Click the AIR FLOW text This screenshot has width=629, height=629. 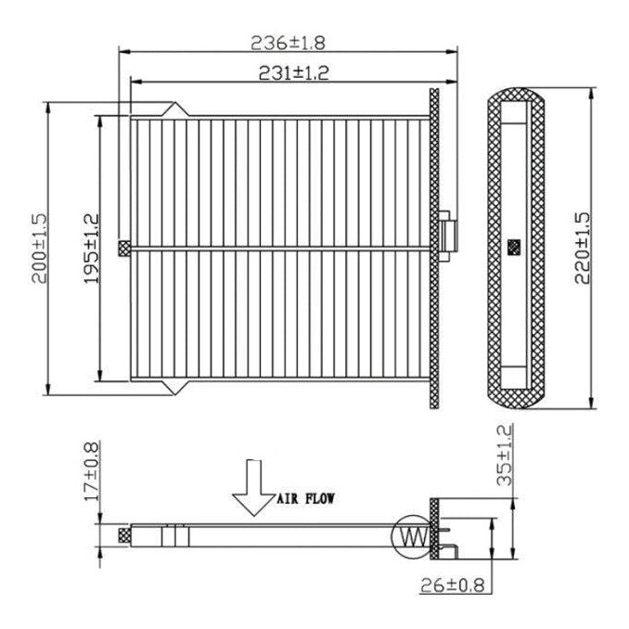[x=305, y=498]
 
